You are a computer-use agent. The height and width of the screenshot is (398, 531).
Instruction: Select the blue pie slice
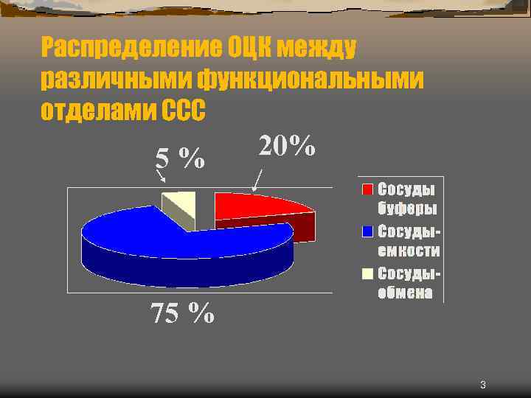point(184,236)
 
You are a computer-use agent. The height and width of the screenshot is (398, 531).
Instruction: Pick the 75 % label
point(182,313)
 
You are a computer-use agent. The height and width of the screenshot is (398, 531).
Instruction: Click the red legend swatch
point(367,189)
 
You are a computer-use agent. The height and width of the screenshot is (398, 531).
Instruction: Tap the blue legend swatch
point(367,231)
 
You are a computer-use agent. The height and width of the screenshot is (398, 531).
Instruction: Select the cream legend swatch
point(367,274)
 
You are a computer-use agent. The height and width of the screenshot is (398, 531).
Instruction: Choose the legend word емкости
point(409,251)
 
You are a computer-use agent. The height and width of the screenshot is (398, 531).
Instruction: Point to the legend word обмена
point(405,293)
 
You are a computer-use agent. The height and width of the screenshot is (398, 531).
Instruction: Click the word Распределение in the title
point(130,49)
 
